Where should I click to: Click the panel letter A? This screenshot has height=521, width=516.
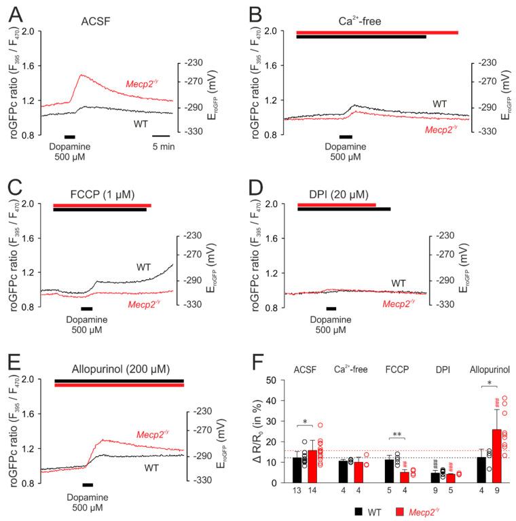pos(15,13)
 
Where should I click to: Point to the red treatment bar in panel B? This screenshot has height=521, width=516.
pos(377,32)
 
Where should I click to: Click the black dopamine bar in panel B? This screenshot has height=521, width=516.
pos(346,137)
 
